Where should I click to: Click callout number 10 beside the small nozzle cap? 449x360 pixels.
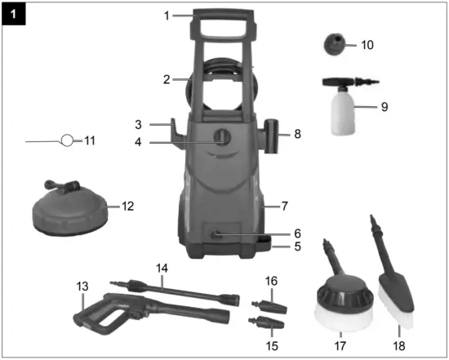pos(367,45)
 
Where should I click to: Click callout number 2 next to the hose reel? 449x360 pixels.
pos(166,79)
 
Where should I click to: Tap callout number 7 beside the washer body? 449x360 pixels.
pos(284,207)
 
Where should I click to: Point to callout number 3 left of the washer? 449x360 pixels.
pos(139,124)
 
